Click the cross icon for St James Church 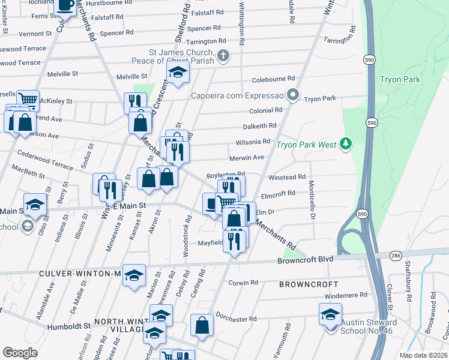223,57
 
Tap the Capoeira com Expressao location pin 293,95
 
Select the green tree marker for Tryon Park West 345,143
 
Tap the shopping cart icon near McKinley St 28,100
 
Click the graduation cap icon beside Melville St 178,73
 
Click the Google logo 20,352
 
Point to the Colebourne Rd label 274,79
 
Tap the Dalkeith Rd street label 260,126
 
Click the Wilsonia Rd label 253,142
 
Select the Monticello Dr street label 312,200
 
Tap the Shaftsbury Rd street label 408,290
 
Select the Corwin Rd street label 243,282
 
